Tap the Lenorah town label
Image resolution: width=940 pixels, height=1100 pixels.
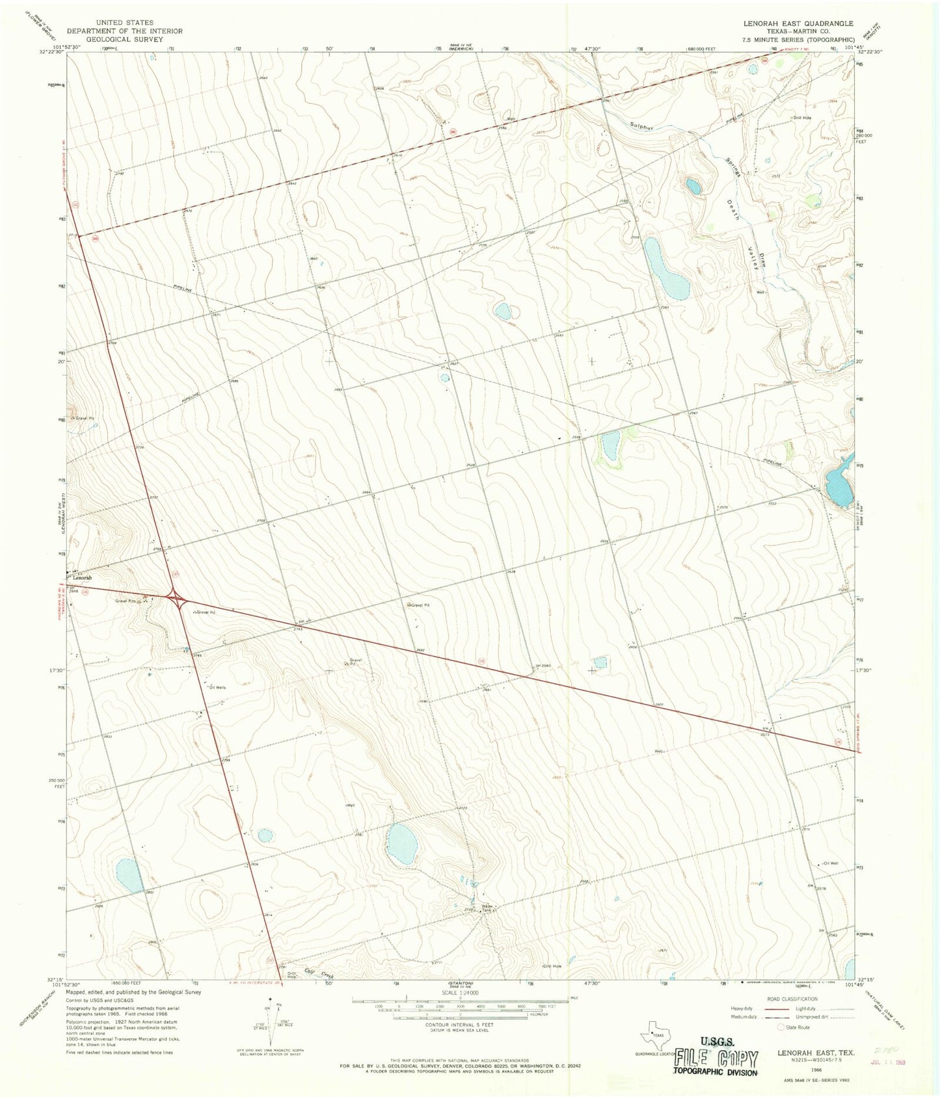click(x=82, y=577)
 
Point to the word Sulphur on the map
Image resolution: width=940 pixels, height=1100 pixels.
click(x=641, y=125)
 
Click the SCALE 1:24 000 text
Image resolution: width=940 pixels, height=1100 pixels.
click(x=460, y=993)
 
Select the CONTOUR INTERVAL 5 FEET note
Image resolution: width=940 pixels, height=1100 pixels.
click(x=460, y=1025)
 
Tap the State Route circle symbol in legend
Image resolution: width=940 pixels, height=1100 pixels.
click(x=781, y=1027)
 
